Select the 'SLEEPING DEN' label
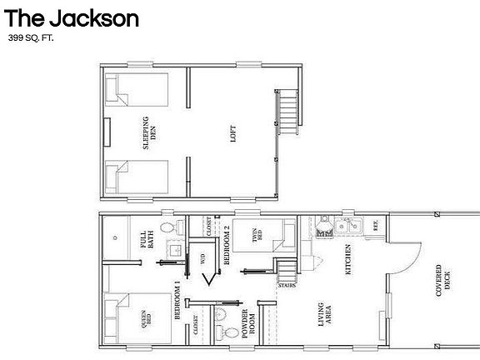pyautogui.click(x=147, y=132)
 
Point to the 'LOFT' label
pyautogui.click(x=232, y=134)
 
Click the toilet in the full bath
pyautogui.click(x=166, y=227)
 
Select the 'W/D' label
pyautogui.click(x=203, y=258)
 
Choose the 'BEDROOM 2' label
pyautogui.click(x=226, y=244)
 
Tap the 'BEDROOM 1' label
pyautogui.click(x=177, y=302)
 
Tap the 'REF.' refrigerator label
pyautogui.click(x=376, y=225)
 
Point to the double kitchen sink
pyautogui.click(x=347, y=224)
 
